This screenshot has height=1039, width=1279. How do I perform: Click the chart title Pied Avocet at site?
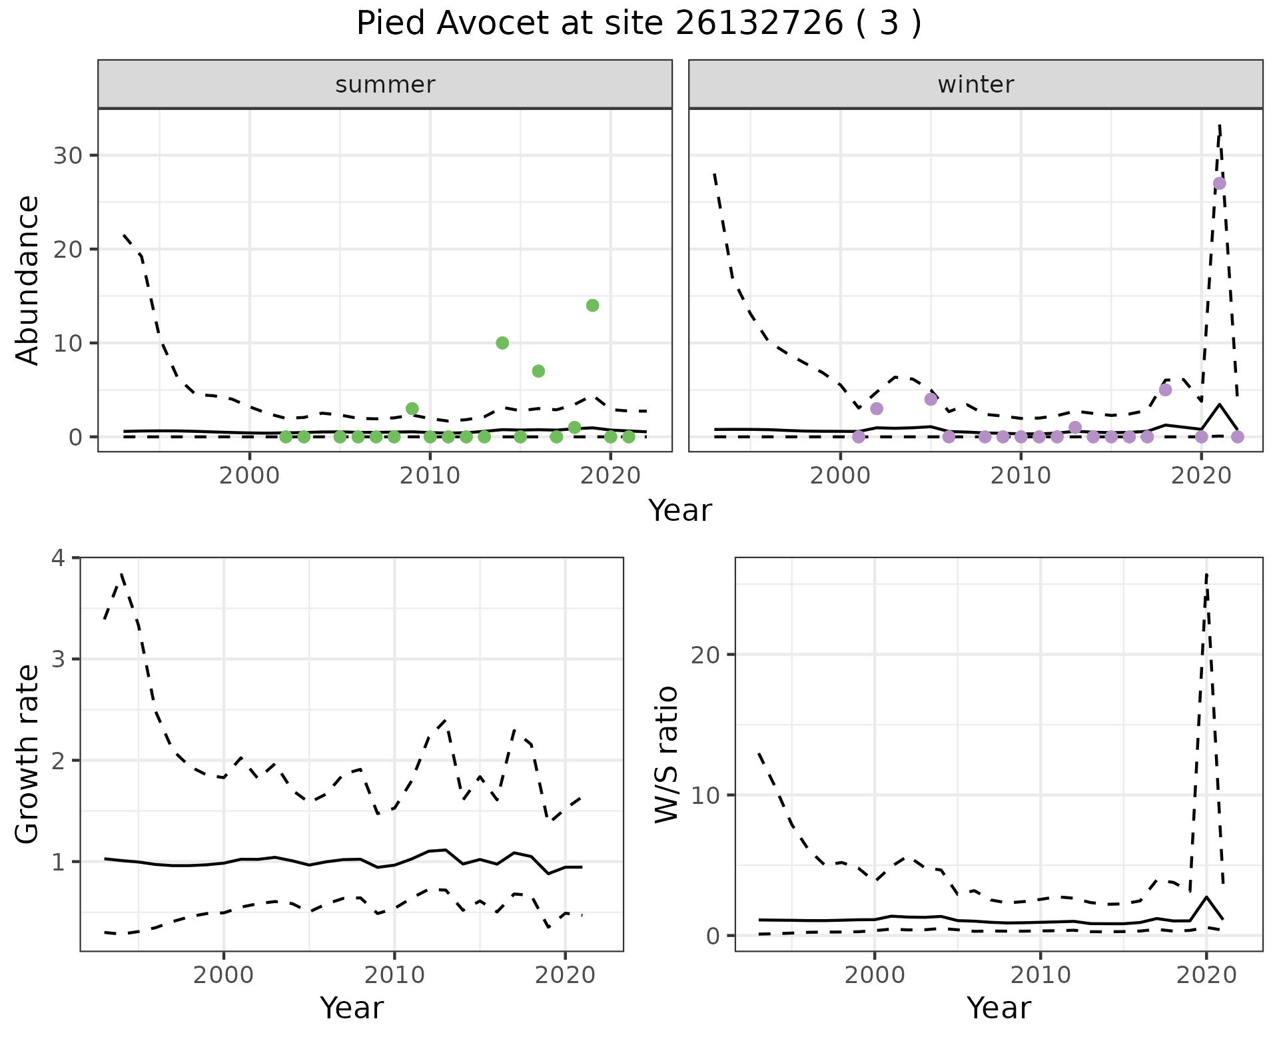pyautogui.click(x=639, y=24)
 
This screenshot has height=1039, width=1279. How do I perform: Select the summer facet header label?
pyautogui.click(x=385, y=85)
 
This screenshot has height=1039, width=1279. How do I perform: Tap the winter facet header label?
pyautogui.click(x=975, y=85)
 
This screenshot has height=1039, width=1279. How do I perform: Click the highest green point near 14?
pyautogui.click(x=592, y=306)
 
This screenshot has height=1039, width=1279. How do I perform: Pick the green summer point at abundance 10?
pyautogui.click(x=502, y=343)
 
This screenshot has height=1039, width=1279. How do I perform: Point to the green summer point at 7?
pyautogui.click(x=538, y=371)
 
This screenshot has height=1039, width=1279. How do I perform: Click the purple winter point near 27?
pyautogui.click(x=1219, y=184)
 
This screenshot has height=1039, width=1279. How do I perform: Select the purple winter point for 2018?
pyautogui.click(x=1165, y=390)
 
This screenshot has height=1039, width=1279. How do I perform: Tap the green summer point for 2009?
pyautogui.click(x=412, y=408)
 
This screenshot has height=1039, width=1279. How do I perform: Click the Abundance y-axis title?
pyautogui.click(x=28, y=280)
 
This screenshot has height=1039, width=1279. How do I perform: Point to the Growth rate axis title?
pyautogui.click(x=28, y=755)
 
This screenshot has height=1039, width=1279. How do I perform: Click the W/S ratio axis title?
pyautogui.click(x=667, y=755)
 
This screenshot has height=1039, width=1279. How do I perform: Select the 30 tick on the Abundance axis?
pyautogui.click(x=66, y=156)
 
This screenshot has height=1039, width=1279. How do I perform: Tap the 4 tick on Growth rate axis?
pyautogui.click(x=60, y=557)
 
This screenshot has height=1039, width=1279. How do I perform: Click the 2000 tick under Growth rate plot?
pyautogui.click(x=224, y=975)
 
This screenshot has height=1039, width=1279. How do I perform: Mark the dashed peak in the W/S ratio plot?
pyautogui.click(x=1206, y=574)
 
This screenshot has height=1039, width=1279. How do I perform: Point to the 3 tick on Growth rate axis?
pyautogui.click(x=60, y=659)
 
